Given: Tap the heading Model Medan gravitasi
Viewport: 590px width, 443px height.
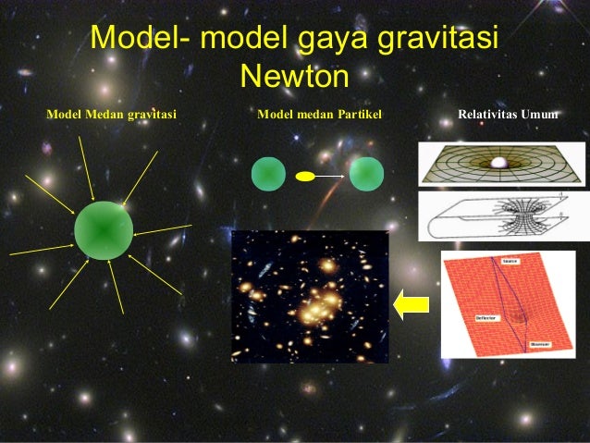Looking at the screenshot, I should pos(111,116).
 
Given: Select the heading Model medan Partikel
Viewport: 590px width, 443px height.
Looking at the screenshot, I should pos(319,116).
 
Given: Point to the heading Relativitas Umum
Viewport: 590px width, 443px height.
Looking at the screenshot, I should pos(508,116).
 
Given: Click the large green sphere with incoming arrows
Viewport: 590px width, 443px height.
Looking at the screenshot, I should pos(104,230).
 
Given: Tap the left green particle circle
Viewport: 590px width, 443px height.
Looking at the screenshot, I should pos(268,174).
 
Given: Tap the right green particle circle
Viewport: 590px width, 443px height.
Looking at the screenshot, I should pos(366,174).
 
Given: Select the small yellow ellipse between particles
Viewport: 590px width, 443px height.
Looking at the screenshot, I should pos(306,175).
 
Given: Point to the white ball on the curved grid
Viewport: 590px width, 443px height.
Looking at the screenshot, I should pos(500,163).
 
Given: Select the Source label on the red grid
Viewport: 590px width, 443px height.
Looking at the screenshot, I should pos(510,263).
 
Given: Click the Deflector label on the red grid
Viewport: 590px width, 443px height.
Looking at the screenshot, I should pos(486,317).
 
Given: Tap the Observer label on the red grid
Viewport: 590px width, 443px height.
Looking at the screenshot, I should pos(540,344).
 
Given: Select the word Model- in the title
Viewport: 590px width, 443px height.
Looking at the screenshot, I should pos(140,39).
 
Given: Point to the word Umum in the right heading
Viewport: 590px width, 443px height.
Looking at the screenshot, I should pos(538,116).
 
